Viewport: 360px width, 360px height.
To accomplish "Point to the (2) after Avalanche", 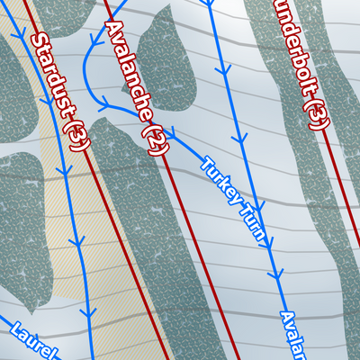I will tap(156, 139).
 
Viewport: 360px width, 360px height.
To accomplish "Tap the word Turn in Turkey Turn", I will tap(256, 223).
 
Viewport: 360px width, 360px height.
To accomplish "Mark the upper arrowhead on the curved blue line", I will tap(92, 42).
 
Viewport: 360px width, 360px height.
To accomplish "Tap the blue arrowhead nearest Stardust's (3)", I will tap(64, 172).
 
